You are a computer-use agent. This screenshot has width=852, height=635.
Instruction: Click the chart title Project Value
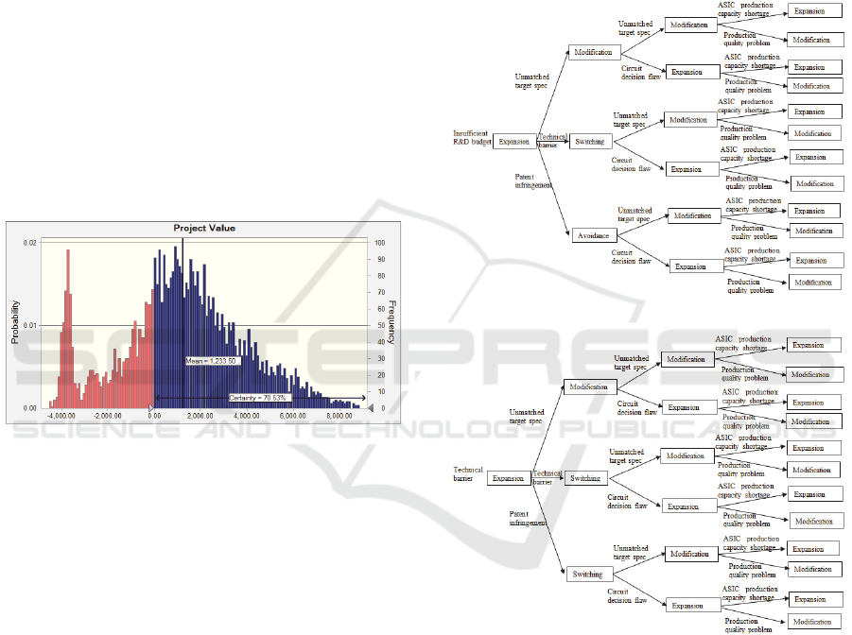pos(204,228)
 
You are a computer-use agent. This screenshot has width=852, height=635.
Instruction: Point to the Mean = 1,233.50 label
pos(211,361)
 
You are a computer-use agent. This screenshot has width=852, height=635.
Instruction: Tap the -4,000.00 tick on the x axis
pos(63,415)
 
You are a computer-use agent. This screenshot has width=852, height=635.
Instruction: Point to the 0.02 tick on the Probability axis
pos(31,243)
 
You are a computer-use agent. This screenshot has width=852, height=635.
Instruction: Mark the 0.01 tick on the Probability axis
pos(31,326)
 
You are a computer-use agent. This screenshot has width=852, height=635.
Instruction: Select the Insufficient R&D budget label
pos(473,139)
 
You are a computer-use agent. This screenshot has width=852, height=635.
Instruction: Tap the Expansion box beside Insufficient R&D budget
pos(514,142)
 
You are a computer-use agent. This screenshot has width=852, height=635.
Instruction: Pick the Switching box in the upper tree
pos(590,142)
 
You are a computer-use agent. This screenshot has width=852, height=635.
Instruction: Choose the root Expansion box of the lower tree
pos(508,478)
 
